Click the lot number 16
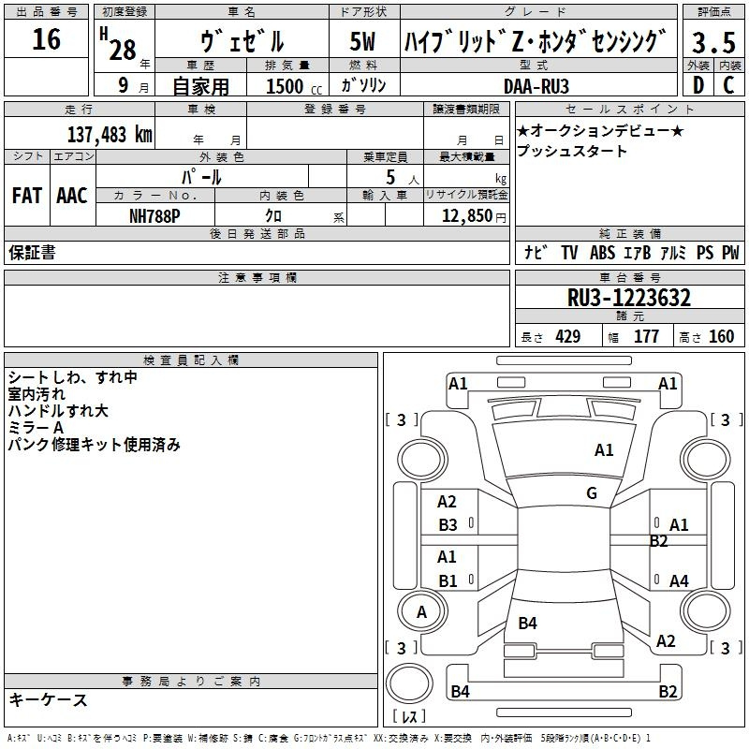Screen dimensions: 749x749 tap(46, 39)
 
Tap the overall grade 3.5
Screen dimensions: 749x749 tap(713, 42)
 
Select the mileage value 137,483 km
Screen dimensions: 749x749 tap(110, 135)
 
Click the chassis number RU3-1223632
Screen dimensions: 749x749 tap(628, 298)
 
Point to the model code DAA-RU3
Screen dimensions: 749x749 tap(536, 86)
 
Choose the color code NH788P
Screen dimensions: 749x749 tap(154, 216)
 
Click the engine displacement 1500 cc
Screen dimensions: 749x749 tap(294, 86)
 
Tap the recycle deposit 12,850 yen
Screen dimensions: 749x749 tap(474, 216)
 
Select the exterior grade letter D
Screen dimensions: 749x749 tap(698, 85)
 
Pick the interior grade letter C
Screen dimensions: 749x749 tap(728, 85)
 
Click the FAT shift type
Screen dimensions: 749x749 tap(27, 196)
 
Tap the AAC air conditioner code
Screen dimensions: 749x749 tap(72, 196)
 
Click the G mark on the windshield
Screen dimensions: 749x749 tap(592, 492)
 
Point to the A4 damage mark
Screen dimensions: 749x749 tap(679, 580)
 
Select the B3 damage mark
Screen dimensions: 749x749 tap(448, 525)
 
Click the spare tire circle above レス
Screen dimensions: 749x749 tap(409, 683)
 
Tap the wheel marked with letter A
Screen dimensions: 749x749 tap(422, 611)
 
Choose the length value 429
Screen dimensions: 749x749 tap(568, 337)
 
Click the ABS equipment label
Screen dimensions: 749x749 tap(602, 253)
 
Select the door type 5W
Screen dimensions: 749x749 tap(362, 41)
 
